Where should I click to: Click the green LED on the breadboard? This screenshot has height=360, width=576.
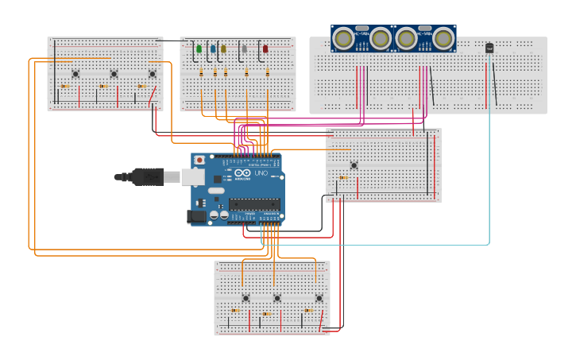coord(199,49)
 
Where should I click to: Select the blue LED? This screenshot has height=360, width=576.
coord(212,49)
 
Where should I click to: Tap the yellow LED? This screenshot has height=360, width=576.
coord(223,49)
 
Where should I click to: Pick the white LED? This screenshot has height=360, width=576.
coord(245,49)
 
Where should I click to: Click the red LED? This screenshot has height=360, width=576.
coord(265,49)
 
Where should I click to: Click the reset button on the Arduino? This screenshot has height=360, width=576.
coord(199,160)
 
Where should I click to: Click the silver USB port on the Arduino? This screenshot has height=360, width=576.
coord(192,176)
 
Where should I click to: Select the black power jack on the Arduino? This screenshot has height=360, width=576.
coord(195,216)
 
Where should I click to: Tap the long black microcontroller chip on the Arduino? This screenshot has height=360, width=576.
coord(254,204)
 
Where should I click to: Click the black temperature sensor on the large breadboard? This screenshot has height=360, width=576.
coord(489,48)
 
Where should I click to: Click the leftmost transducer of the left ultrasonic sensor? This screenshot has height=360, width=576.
coord(344,37)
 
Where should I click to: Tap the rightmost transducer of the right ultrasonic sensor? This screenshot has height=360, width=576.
coord(443,37)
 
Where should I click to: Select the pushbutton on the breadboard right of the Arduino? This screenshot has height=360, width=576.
coord(354,165)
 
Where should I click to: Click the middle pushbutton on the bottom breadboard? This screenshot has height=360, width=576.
coord(277,298)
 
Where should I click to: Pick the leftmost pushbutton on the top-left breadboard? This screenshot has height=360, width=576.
coord(75,74)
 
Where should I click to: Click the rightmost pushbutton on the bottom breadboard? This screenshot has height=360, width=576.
coord(319,298)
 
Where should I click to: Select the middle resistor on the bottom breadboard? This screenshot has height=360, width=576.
coord(267,313)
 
